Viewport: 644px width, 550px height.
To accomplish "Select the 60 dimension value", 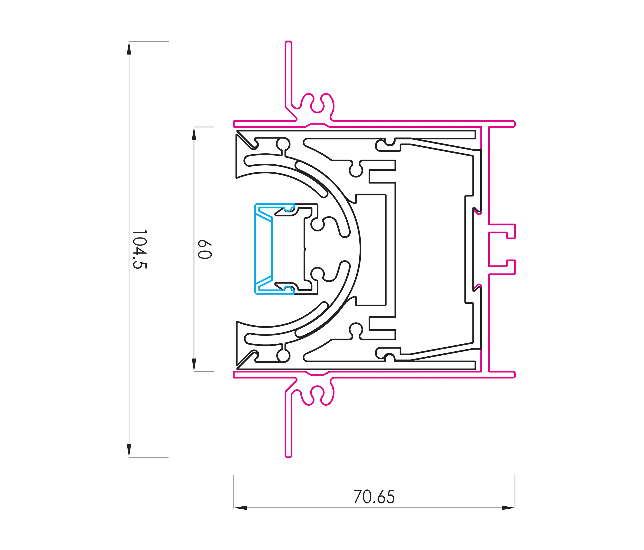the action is (205, 249).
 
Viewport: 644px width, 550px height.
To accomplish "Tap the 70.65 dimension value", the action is (374, 497).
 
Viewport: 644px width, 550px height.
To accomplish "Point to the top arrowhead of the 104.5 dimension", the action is (129, 48).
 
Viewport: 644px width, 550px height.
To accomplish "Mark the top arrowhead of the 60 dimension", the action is (194, 134).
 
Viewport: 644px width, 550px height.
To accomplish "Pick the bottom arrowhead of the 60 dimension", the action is (194, 365).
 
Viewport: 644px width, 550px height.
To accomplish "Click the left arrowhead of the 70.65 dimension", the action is (240, 508).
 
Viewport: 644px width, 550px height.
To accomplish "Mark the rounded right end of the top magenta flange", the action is (514, 124).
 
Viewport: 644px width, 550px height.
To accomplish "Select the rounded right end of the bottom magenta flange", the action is (514, 375).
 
